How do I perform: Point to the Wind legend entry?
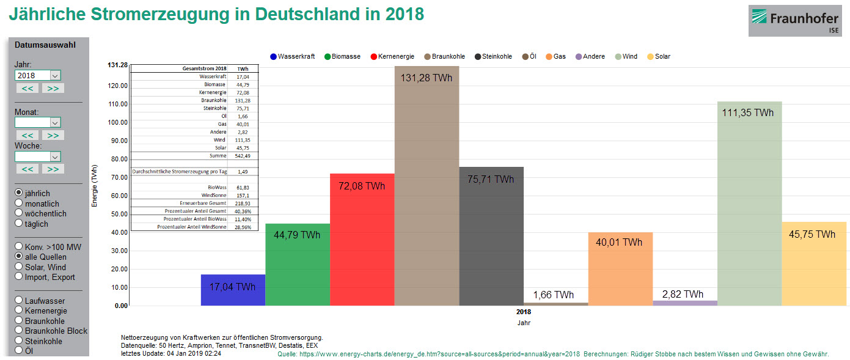(x=625, y=57)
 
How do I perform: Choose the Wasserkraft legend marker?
(x=274, y=57)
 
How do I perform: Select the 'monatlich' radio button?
(x=19, y=204)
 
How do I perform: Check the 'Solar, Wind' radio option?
(x=19, y=267)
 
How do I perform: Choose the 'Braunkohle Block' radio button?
(x=19, y=331)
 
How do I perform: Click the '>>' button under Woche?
(x=53, y=169)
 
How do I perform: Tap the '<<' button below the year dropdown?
(x=27, y=88)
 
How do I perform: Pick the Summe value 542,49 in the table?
(x=243, y=156)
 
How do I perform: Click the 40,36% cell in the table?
(x=243, y=211)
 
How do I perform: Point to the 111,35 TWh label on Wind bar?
(x=749, y=113)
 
